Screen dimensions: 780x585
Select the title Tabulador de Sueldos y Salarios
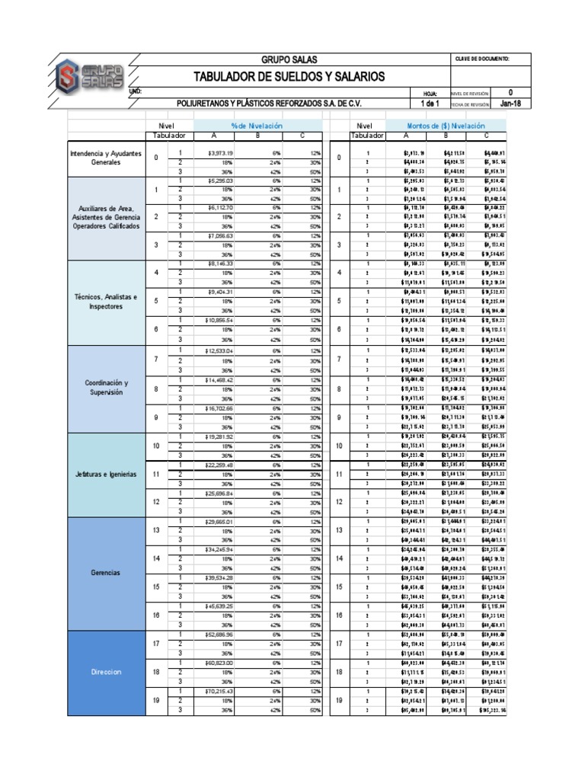[x=289, y=77]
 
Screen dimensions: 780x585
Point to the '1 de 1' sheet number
[x=430, y=104]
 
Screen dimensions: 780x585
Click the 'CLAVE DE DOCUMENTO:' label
[x=481, y=59]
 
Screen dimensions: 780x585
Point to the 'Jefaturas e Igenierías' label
[x=106, y=474]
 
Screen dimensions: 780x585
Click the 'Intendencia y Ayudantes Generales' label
[x=106, y=158]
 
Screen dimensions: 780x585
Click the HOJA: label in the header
[x=430, y=93]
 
